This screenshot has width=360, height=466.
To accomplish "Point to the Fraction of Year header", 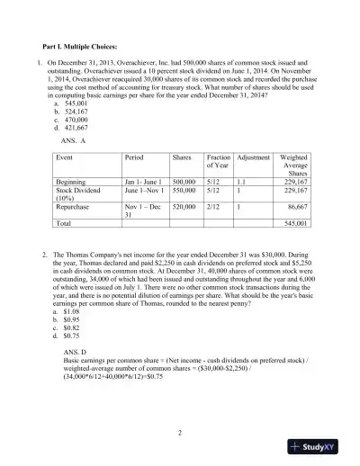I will (x=218, y=161).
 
